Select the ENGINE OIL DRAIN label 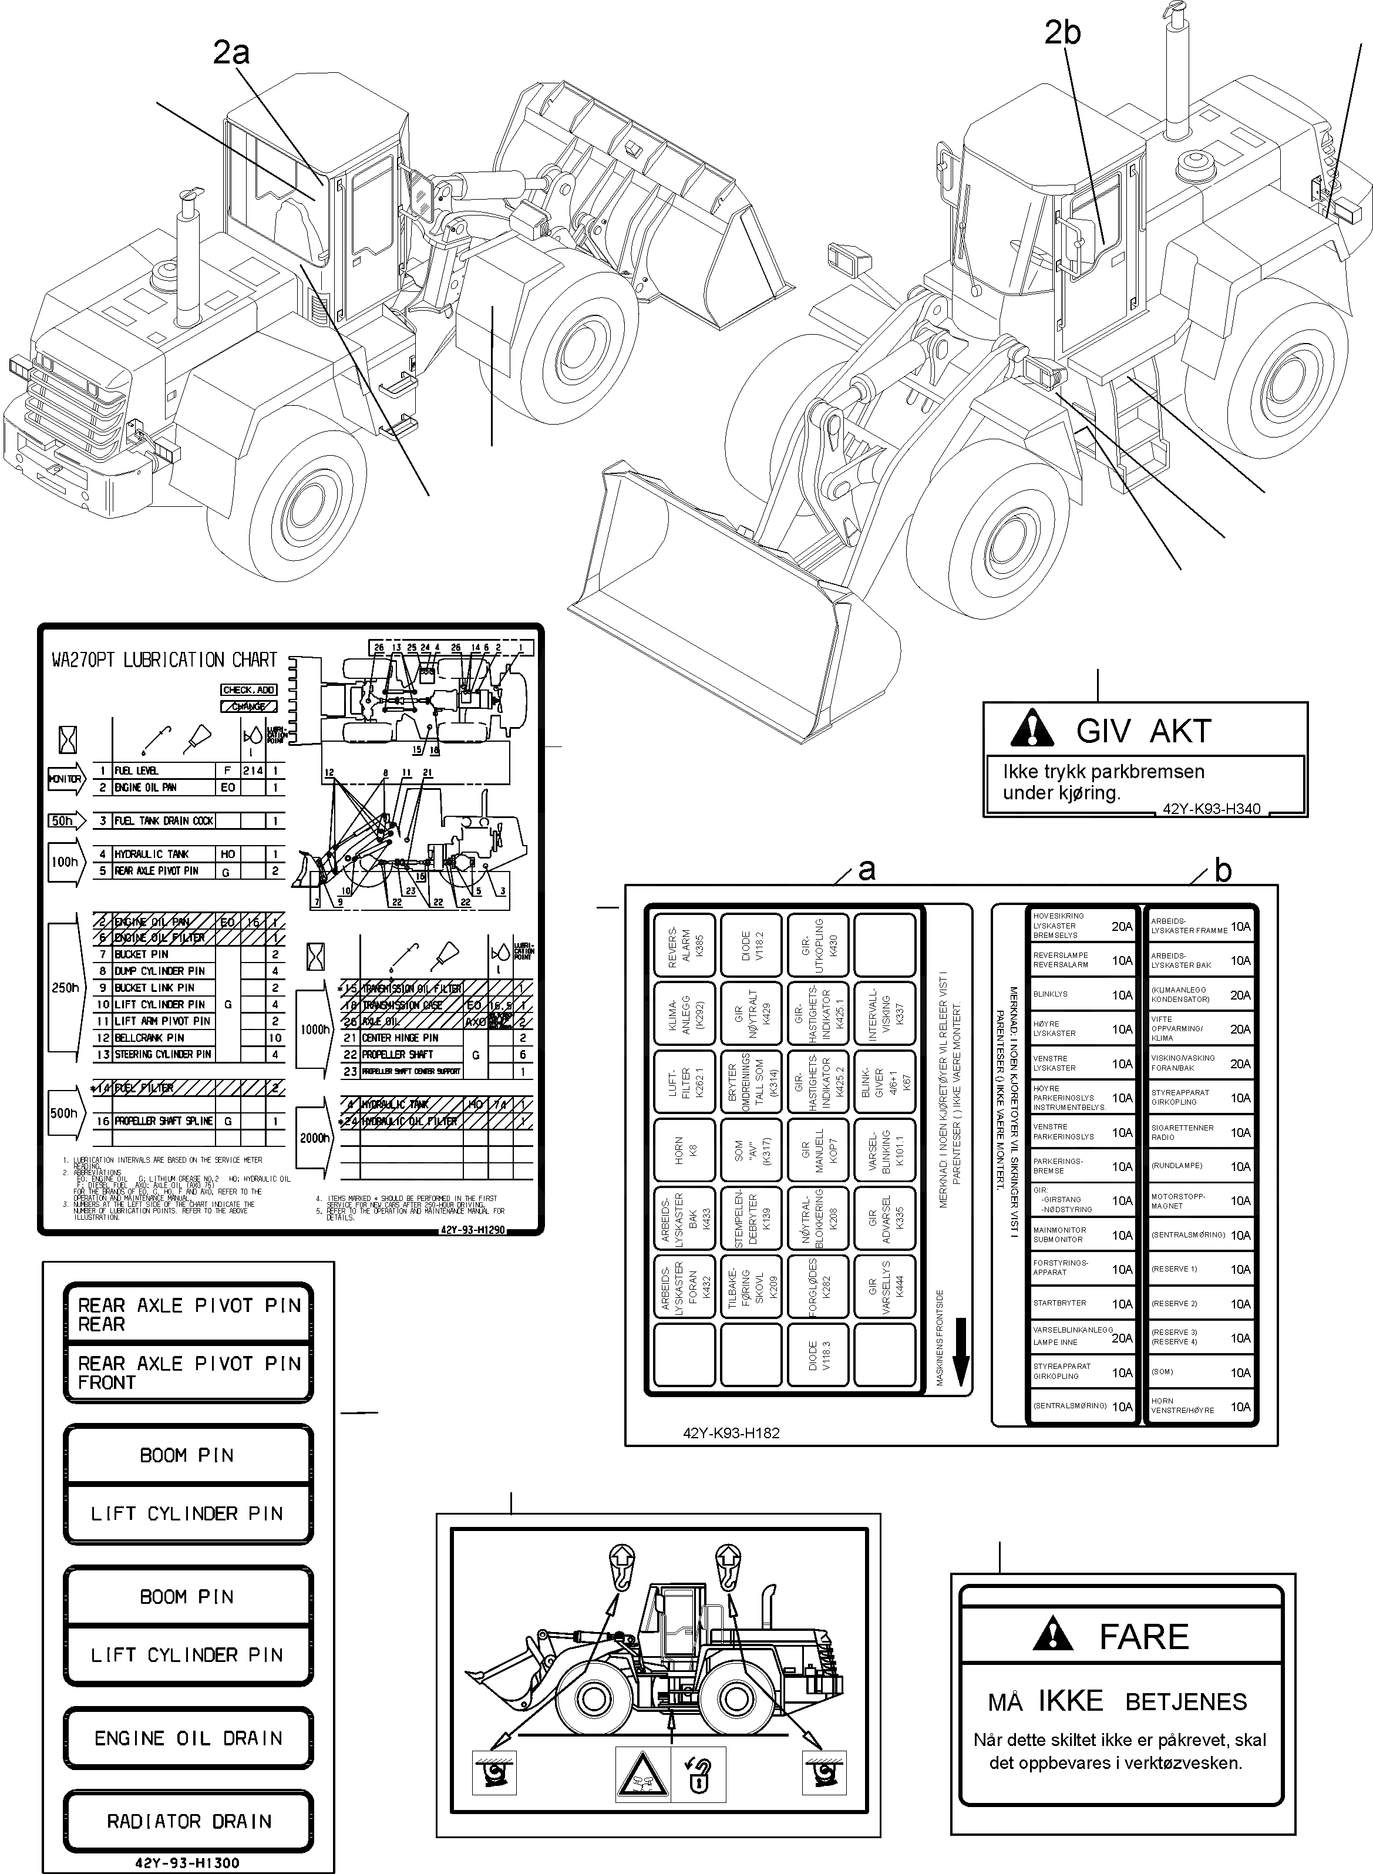(189, 1738)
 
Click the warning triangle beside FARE (1052, 1634)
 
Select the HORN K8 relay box (686, 1150)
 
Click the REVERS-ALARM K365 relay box (686, 947)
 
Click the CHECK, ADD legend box (248, 690)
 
